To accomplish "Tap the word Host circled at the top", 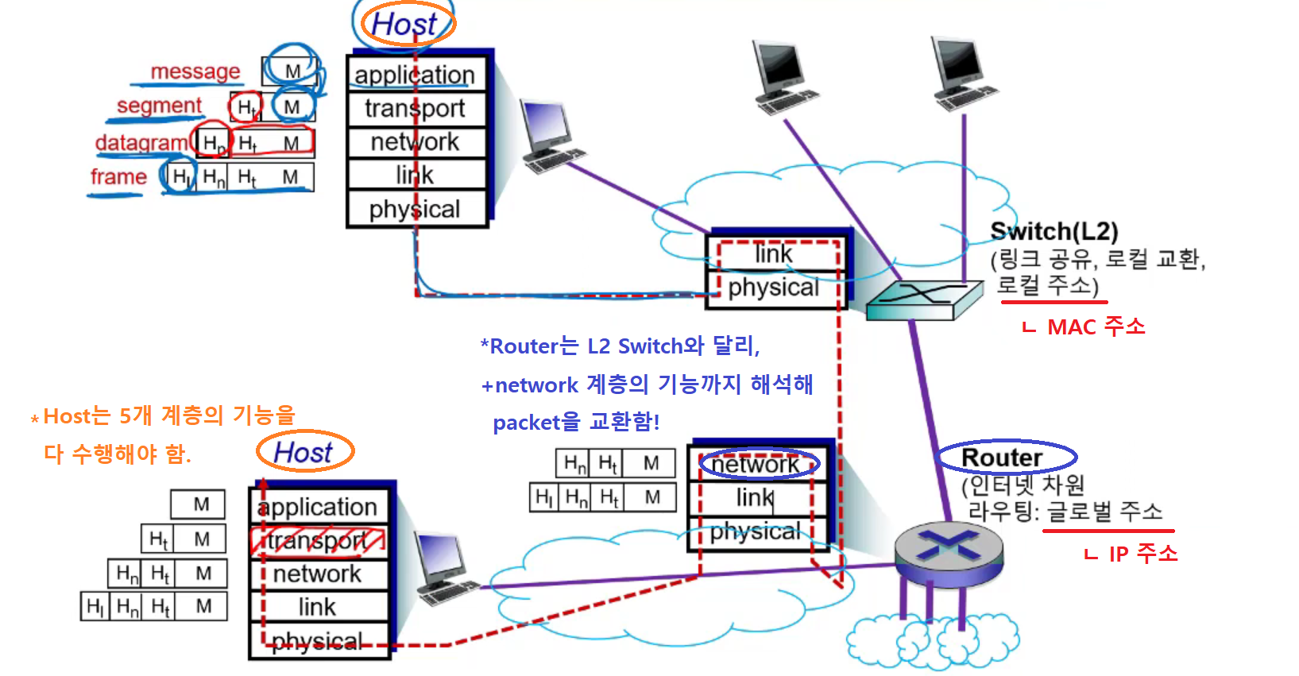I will coord(404,25).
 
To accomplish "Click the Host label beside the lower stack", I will coord(303,453).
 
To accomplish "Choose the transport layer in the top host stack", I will coord(416,108).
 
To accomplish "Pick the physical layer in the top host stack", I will coord(416,209).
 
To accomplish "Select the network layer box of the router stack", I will coord(756,464).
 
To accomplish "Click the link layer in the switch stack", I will coord(773,254).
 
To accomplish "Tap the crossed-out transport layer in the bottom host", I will coord(318,540).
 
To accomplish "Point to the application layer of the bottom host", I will coord(318,507).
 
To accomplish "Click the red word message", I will coord(195,71).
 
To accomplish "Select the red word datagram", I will coord(141,143).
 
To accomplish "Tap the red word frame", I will coord(118,176).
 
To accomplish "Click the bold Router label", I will coord(1002,458).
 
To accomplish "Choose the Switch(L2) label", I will coord(1054,231).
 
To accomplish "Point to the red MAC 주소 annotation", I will coord(1096,326).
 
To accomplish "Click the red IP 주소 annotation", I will coord(1142,554).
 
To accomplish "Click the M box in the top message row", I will coord(292,71).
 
